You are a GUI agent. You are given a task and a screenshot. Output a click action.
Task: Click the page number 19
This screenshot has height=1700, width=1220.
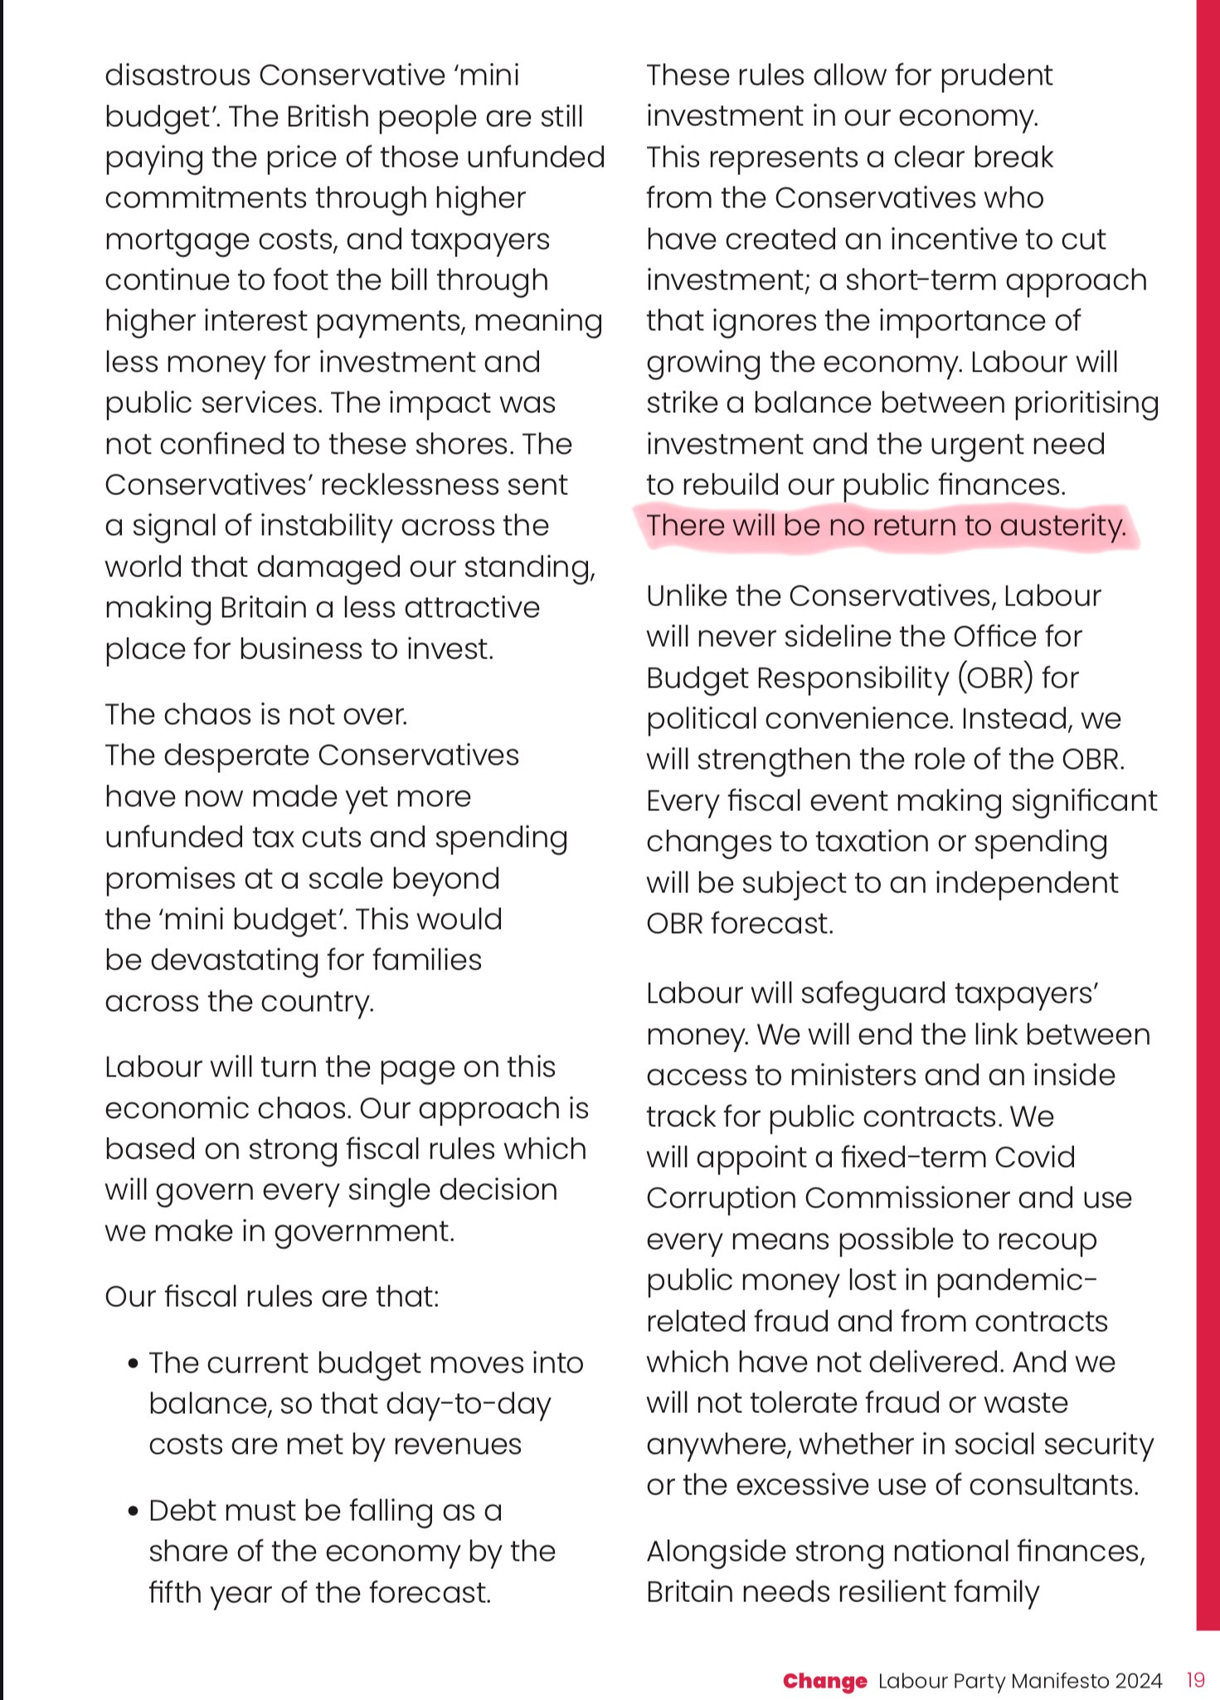pyautogui.click(x=1195, y=1680)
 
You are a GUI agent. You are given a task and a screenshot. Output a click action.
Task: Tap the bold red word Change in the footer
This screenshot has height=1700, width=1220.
pyautogui.click(x=824, y=1680)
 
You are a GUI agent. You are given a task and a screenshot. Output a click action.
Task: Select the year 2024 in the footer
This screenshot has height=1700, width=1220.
pyautogui.click(x=1137, y=1680)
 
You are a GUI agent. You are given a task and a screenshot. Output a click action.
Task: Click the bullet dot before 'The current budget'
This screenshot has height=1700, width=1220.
pyautogui.click(x=134, y=1364)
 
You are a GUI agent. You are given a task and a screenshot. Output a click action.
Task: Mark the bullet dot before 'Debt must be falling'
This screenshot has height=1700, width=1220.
pyautogui.click(x=134, y=1512)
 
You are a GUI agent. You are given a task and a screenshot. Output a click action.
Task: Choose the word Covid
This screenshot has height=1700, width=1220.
pyautogui.click(x=1035, y=1157)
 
